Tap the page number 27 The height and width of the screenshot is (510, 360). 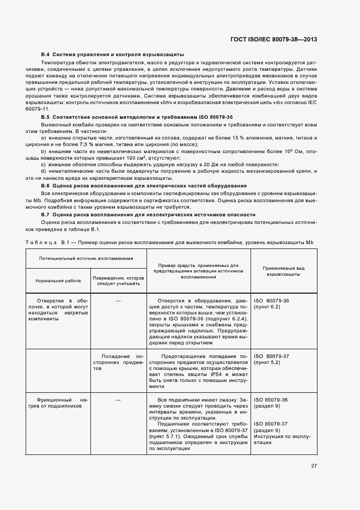(314, 465)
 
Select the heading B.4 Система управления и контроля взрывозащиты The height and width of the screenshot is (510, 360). (112, 55)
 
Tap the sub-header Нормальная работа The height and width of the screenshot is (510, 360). (58, 280)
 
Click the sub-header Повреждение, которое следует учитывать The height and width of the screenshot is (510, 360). (118, 280)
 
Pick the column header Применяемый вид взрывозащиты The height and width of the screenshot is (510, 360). (283, 271)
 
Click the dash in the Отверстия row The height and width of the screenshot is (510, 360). (118, 301)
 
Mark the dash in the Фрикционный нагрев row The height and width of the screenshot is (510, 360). (118, 400)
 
